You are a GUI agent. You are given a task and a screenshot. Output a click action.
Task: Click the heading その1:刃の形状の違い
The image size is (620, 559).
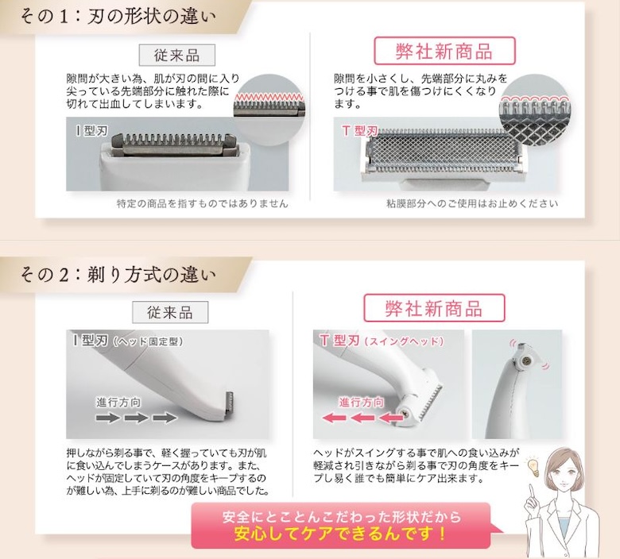(118, 17)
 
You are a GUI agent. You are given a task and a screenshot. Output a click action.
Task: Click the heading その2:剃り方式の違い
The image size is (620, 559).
(118, 275)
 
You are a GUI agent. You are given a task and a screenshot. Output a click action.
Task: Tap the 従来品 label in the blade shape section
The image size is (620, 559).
(176, 55)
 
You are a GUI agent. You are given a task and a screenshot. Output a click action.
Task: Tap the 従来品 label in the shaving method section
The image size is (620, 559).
(170, 312)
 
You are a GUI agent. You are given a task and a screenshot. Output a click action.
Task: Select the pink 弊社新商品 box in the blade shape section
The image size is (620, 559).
(444, 51)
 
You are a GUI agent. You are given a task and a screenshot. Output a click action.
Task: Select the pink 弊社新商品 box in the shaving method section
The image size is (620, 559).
(434, 308)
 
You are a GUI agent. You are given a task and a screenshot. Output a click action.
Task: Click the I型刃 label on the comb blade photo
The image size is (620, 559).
(91, 131)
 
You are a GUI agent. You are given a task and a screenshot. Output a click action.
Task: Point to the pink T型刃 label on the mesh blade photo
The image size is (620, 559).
(359, 130)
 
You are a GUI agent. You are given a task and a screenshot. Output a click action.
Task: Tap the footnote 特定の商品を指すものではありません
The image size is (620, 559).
(202, 203)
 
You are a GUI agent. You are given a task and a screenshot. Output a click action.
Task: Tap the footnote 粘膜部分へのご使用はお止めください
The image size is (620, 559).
(472, 203)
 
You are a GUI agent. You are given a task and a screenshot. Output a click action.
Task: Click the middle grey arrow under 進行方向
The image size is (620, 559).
(136, 418)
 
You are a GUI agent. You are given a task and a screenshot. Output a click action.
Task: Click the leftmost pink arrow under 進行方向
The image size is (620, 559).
(335, 418)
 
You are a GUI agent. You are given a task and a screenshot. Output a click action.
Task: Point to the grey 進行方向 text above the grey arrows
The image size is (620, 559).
(118, 402)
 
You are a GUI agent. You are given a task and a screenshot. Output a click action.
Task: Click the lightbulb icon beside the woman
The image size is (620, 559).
(533, 467)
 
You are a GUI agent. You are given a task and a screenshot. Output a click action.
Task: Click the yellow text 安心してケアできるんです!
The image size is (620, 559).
(340, 534)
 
